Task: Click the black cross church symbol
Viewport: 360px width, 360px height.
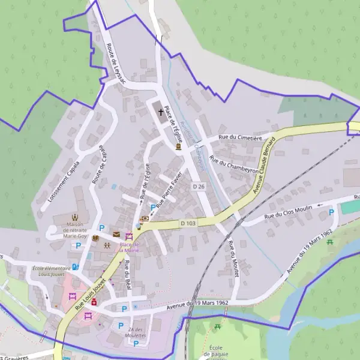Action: click(160, 110)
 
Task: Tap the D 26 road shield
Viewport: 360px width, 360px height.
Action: click(199, 187)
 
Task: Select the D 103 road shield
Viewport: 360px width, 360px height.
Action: click(188, 223)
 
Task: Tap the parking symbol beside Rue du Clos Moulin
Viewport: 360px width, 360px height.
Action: click(331, 212)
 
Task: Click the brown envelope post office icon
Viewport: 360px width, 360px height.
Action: click(116, 234)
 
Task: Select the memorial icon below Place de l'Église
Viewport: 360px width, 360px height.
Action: click(178, 146)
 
